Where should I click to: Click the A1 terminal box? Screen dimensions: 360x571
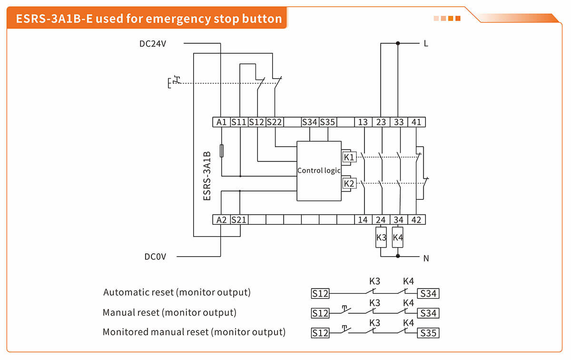(x=221, y=122)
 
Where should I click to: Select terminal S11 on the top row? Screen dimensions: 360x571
(x=239, y=122)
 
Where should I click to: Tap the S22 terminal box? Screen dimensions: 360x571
(x=275, y=122)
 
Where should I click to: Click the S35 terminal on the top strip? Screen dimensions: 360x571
(x=327, y=122)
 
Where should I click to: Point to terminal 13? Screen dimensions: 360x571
(x=363, y=122)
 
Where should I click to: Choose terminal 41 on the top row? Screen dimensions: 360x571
(x=416, y=122)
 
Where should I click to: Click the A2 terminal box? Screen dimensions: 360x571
(x=221, y=220)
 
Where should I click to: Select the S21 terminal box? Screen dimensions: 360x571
(x=239, y=220)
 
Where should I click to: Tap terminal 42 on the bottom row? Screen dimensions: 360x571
(x=416, y=220)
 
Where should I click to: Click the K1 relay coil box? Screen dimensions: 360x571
(x=349, y=157)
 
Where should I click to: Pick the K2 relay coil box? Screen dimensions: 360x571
(x=349, y=183)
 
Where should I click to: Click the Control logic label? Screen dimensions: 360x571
(x=318, y=170)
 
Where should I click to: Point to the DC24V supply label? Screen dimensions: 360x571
(x=153, y=43)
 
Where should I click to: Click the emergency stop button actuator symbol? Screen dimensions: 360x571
(x=174, y=82)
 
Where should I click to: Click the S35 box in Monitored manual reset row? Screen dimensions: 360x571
(x=428, y=333)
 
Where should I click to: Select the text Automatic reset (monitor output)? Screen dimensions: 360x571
(x=177, y=292)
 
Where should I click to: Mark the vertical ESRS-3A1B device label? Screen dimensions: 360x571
(x=207, y=176)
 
